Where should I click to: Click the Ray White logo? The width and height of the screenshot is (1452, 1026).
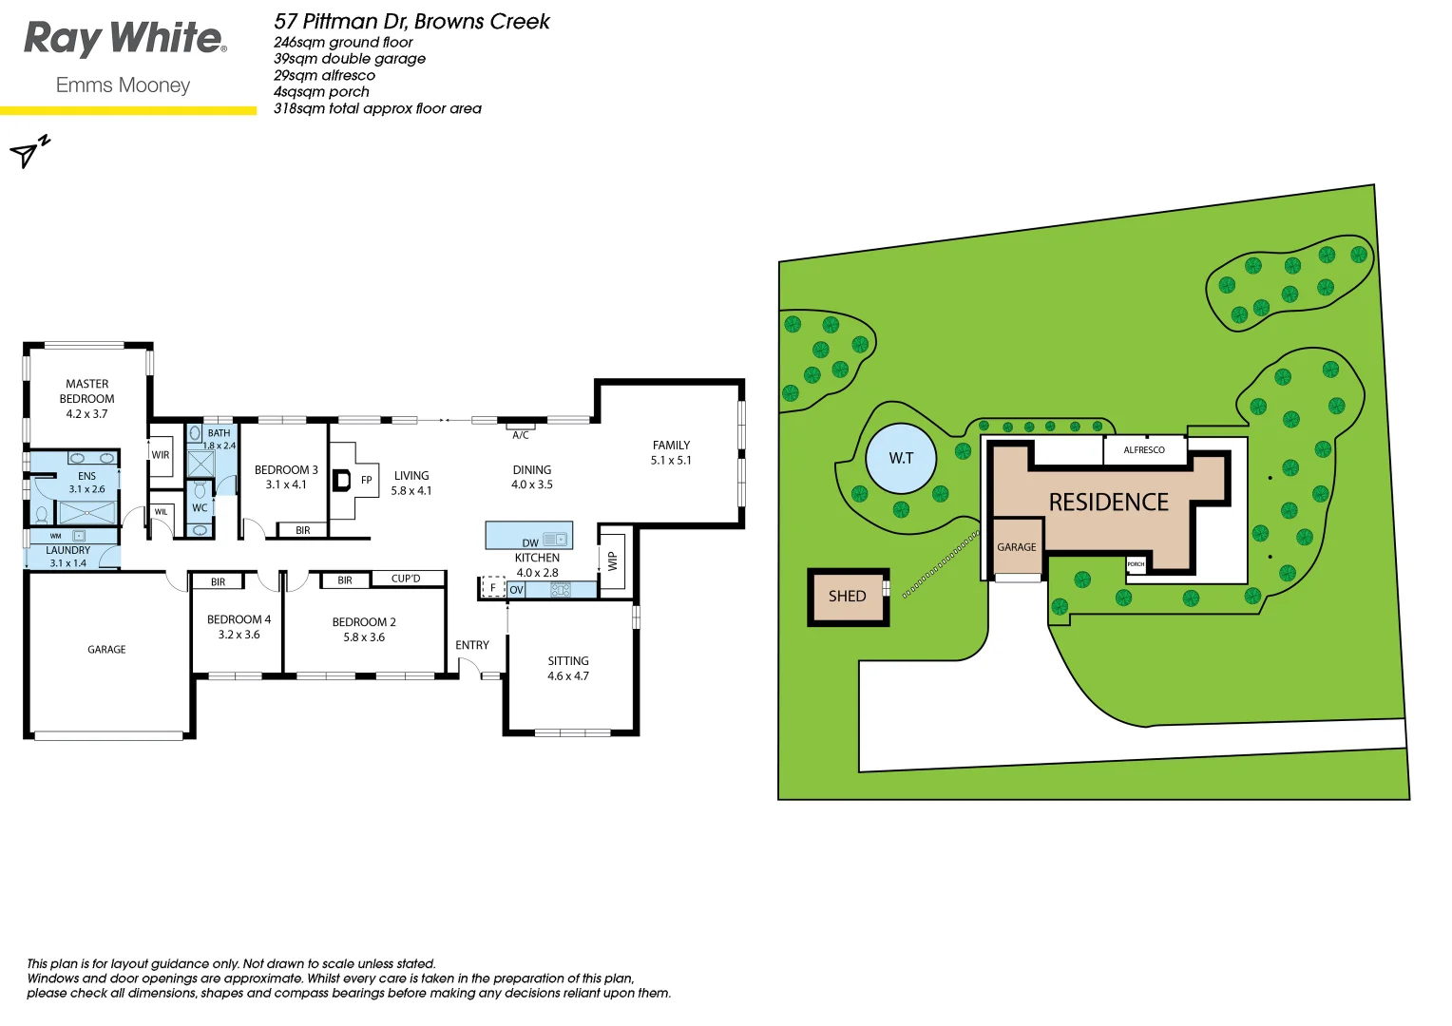pyautogui.click(x=124, y=40)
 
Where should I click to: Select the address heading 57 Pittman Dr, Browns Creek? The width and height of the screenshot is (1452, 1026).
pyautogui.click(x=411, y=22)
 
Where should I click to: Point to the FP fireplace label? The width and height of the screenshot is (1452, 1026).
pyautogui.click(x=367, y=481)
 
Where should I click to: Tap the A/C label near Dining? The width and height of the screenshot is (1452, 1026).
pyautogui.click(x=521, y=435)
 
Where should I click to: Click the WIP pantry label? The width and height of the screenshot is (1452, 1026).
pyautogui.click(x=613, y=560)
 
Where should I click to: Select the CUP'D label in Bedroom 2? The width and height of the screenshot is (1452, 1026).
pyautogui.click(x=406, y=579)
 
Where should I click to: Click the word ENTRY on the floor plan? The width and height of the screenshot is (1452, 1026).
pyautogui.click(x=472, y=645)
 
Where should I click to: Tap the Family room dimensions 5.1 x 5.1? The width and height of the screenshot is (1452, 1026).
pyautogui.click(x=671, y=461)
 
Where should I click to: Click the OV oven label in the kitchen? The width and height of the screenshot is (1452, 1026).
pyautogui.click(x=516, y=590)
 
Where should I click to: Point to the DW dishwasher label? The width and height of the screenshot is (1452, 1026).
pyautogui.click(x=530, y=543)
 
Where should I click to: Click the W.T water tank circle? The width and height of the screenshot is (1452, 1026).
pyautogui.click(x=901, y=459)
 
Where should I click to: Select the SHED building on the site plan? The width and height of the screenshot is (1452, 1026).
pyautogui.click(x=848, y=597)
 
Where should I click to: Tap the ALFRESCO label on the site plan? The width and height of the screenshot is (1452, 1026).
pyautogui.click(x=1144, y=450)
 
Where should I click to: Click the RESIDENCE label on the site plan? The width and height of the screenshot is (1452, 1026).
pyautogui.click(x=1109, y=502)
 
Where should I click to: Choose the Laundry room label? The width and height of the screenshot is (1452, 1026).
pyautogui.click(x=68, y=551)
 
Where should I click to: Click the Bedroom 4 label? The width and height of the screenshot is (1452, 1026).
pyautogui.click(x=239, y=619)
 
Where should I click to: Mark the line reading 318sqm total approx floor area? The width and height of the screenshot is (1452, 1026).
pyautogui.click(x=377, y=109)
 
